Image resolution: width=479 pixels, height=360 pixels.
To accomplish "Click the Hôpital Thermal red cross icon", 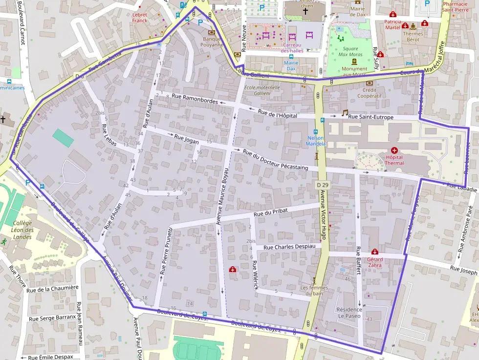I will point(394,150).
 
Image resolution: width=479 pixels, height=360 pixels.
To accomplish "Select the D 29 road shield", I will point(322,185).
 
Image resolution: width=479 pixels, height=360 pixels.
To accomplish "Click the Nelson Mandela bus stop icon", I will point(316,132).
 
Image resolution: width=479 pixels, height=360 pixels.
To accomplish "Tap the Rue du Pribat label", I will point(268,212).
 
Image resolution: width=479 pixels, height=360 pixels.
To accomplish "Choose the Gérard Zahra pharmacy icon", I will point(375,252).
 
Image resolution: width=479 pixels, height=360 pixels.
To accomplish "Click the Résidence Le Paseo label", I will point(349,313).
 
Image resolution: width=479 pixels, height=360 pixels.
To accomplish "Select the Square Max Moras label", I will point(350,52).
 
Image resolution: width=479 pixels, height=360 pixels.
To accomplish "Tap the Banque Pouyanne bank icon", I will point(212,32).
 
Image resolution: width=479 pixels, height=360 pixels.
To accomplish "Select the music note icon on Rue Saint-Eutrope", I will point(345,112).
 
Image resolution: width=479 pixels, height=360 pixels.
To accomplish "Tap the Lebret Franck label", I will point(139,18).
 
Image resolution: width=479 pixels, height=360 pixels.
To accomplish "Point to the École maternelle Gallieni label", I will point(262,90).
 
